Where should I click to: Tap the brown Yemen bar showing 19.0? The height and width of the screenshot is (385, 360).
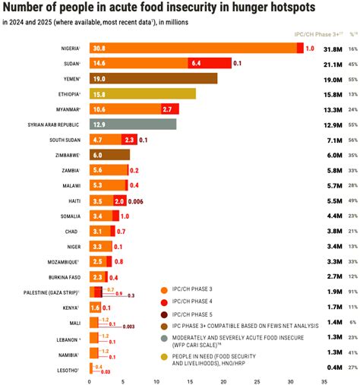coord(153,78)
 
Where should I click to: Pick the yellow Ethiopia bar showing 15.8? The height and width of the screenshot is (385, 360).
coord(142,93)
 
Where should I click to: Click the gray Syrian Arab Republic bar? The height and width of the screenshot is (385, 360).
coord(132,124)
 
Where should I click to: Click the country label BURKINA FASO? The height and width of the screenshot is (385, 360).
coord(63,277)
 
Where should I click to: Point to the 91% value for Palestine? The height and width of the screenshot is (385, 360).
coord(352,292)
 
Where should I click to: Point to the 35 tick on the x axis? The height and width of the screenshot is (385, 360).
coord(324,381)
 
